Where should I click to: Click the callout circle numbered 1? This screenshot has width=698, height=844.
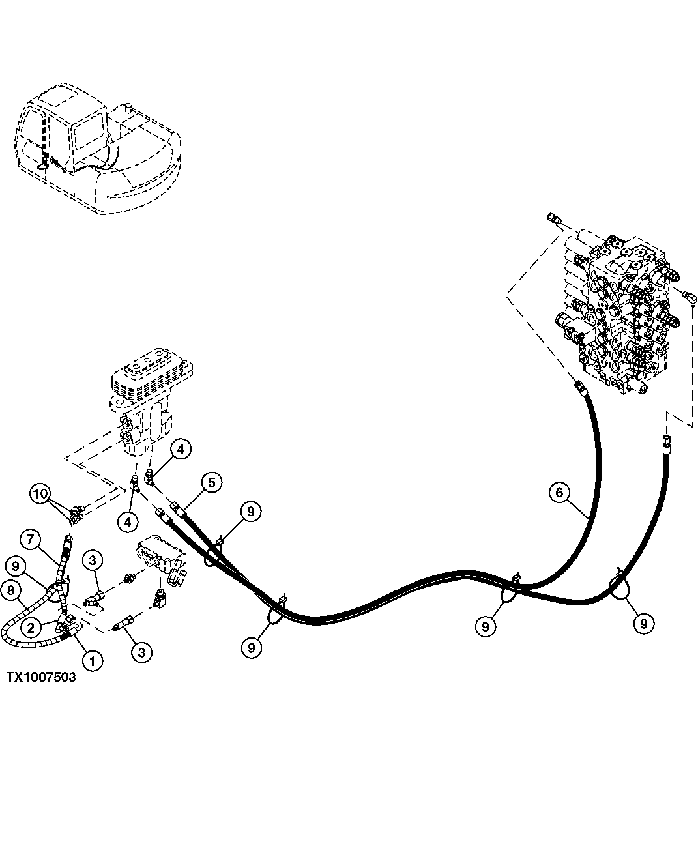[x=92, y=661]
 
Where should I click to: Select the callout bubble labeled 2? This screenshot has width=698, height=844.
[x=31, y=628]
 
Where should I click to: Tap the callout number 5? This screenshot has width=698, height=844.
[x=211, y=482]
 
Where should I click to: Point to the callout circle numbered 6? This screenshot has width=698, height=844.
[x=559, y=492]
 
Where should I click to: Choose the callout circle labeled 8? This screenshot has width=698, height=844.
[x=11, y=591]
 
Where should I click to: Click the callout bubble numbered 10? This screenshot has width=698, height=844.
[x=41, y=494]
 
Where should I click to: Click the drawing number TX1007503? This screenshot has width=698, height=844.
[x=41, y=677]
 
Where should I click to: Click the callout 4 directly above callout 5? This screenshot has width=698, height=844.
[x=181, y=448]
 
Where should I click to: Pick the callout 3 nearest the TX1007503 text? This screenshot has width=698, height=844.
[x=142, y=650]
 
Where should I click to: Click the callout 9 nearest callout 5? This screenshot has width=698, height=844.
[x=250, y=512]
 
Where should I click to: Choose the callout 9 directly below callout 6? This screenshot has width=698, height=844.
[x=485, y=626]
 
